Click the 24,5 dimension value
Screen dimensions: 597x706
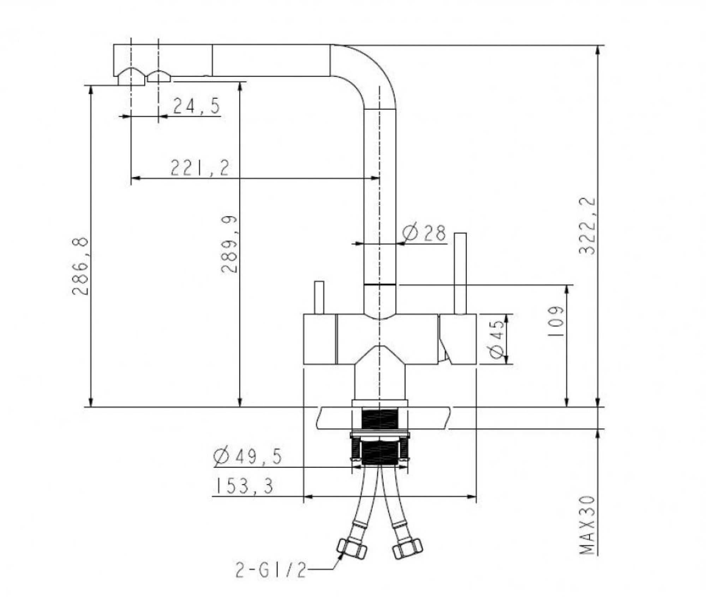(196, 106)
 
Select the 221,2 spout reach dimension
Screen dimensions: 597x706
(200, 168)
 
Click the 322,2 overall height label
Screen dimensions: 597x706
(587, 226)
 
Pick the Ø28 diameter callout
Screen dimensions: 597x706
(424, 233)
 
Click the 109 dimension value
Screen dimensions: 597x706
(556, 321)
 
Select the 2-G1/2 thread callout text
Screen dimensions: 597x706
(271, 571)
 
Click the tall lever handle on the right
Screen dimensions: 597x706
(460, 273)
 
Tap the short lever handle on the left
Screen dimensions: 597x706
(319, 297)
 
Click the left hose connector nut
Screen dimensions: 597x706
(352, 549)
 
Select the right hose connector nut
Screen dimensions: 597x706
(407, 549)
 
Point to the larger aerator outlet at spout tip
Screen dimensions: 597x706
(131, 78)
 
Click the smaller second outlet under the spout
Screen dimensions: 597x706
(159, 77)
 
